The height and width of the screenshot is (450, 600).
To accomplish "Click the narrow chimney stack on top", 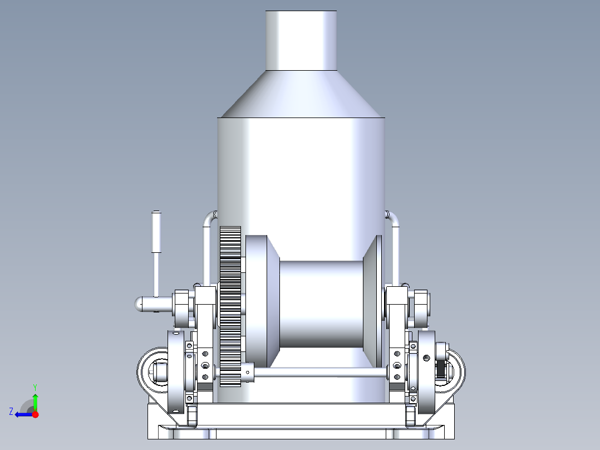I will (301, 40).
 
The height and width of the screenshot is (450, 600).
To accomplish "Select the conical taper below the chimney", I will (301, 95).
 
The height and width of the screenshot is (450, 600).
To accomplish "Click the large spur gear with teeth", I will (230, 306).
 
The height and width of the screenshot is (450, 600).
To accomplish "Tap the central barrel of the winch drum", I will (320, 304).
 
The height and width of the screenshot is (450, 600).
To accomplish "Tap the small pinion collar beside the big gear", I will (248, 373).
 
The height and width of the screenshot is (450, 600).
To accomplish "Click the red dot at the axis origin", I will (35, 414).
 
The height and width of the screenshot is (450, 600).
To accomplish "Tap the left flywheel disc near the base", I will (176, 372).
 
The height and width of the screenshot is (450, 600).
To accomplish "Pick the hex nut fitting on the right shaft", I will (421, 308).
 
